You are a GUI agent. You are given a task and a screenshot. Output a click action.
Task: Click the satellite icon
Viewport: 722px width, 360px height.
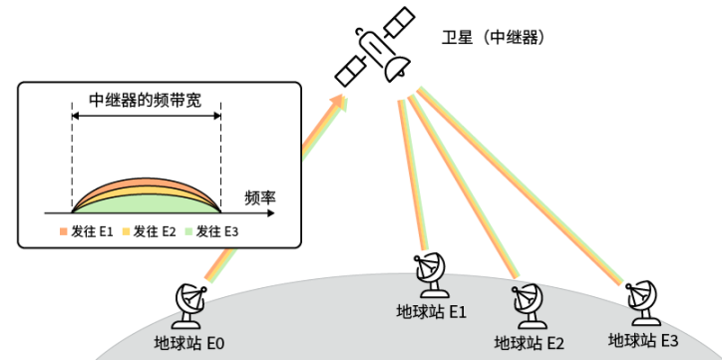click(x=374, y=47)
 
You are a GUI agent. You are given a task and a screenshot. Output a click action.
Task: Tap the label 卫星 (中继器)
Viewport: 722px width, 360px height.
click(x=494, y=37)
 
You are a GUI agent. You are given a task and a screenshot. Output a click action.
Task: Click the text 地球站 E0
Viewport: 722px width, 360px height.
click(x=189, y=343)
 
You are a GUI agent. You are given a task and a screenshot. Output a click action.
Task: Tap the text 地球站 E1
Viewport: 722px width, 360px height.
click(x=432, y=312)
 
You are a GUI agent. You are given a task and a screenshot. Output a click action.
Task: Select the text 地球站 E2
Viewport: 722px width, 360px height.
click(x=529, y=343)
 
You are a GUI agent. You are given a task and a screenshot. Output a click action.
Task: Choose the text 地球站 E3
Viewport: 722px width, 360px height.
click(x=643, y=341)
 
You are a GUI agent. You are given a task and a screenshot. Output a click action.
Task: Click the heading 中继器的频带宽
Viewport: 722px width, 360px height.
click(x=145, y=101)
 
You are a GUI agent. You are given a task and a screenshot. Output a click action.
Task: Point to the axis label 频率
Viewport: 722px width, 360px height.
click(x=260, y=198)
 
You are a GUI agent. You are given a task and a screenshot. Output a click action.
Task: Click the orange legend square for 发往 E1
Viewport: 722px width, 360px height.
click(x=64, y=231)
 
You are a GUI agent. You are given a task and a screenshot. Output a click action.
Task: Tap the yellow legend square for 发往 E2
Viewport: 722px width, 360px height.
click(x=126, y=231)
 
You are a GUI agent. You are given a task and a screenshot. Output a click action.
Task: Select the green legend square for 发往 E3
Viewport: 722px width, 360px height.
click(x=188, y=231)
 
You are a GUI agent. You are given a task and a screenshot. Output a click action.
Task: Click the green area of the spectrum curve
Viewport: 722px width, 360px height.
click(x=147, y=204)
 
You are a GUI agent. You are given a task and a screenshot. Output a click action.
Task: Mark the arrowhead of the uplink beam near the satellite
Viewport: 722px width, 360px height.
click(x=340, y=102)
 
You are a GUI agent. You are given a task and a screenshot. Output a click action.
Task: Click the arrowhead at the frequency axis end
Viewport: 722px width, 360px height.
click(x=271, y=213)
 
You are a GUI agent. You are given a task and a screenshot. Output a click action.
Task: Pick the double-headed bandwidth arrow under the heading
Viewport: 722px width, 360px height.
click(x=147, y=116)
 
